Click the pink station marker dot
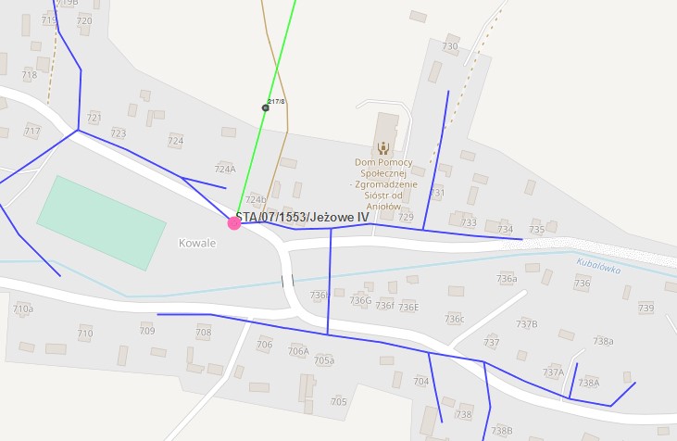point(234,222)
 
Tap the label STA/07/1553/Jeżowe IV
point(303,217)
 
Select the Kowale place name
point(197,243)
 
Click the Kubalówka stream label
point(598,265)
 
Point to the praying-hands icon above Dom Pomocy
point(383,146)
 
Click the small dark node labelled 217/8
point(266,108)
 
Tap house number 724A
point(225,170)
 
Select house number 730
point(450,46)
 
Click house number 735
point(537,230)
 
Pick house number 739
point(646,309)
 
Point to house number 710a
point(23,309)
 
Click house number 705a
point(324,359)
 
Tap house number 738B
point(502,431)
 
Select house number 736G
point(360,300)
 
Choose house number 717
point(32,132)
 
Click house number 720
point(84,20)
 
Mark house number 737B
point(527,324)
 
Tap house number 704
point(421,382)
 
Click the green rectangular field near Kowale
point(101,222)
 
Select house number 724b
point(256,199)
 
